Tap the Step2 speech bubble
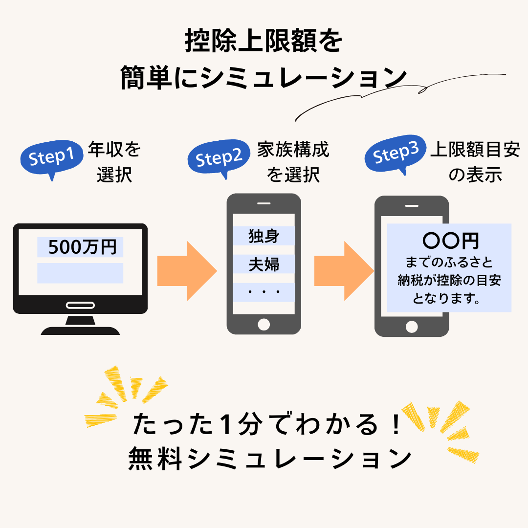coord(219,158)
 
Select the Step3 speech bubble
coord(396,155)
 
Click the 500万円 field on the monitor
coord(80,247)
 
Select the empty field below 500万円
coord(80,273)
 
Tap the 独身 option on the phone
coord(264,236)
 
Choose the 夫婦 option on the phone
coord(264,264)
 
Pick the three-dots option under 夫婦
coord(264,292)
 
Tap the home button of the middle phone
coord(264,324)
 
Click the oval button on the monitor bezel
coord(80,306)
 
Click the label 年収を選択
coord(114,162)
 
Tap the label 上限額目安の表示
coord(475,162)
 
